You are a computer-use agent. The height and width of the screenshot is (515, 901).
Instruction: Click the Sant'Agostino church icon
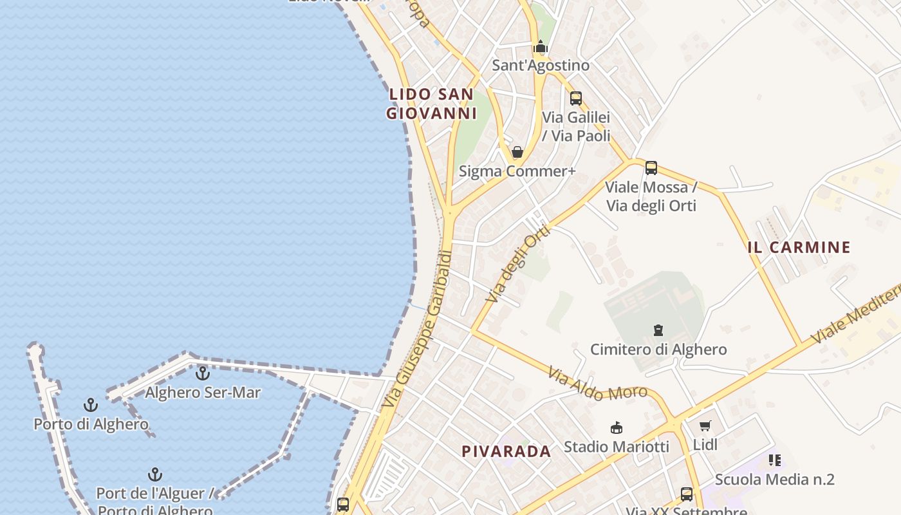coord(541,47)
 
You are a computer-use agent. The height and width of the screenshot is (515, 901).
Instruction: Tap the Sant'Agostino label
coord(541,66)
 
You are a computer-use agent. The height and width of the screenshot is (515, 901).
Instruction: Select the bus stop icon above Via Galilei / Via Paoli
coord(576,98)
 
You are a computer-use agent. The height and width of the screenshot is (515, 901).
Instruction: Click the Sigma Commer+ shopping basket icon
coord(517,153)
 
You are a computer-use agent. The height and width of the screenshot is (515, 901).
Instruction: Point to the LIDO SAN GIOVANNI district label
coord(431,104)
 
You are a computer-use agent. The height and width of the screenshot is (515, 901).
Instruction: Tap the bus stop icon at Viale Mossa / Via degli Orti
coord(651,168)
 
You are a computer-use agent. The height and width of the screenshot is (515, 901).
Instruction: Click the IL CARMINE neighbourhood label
coord(799,247)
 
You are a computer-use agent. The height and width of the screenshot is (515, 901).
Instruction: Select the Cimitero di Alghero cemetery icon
coord(658,330)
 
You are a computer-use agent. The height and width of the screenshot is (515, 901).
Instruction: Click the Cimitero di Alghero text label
coord(658,350)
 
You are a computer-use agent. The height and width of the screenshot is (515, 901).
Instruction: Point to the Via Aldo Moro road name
coord(598,384)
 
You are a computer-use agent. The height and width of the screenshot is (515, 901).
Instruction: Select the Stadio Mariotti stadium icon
coord(617,427)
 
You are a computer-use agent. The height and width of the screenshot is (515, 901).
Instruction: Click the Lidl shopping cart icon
coord(705,426)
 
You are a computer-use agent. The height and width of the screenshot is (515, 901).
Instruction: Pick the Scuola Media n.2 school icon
coord(775,460)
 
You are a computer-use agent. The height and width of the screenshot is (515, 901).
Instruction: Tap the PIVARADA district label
coord(506,451)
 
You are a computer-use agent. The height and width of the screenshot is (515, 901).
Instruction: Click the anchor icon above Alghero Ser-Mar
coord(203,373)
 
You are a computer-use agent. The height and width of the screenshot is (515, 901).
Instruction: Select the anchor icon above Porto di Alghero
coord(91,405)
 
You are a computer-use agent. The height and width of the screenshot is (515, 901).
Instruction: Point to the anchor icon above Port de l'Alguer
coord(154,474)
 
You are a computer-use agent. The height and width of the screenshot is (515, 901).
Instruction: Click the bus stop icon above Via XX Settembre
coord(687,494)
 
